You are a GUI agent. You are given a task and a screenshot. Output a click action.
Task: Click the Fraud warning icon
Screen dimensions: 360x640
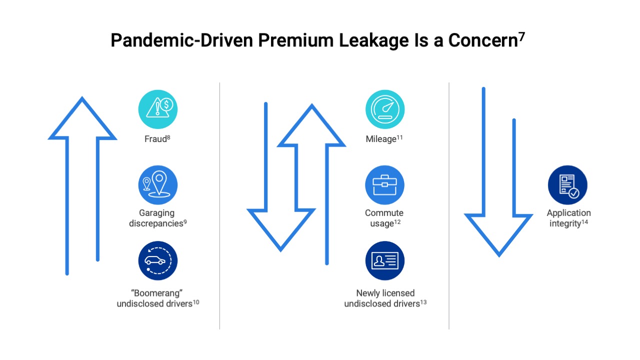[x=157, y=109]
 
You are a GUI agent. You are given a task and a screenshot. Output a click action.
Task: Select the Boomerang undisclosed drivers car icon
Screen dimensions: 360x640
[x=157, y=260]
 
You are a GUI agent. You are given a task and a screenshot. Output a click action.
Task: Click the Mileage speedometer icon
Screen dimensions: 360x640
[x=384, y=109]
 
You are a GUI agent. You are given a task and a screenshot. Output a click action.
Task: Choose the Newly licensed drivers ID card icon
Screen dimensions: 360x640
[x=384, y=260]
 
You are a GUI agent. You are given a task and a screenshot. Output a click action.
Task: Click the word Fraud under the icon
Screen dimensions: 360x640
[x=155, y=139]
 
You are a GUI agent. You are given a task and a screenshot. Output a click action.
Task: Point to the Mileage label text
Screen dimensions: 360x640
[x=381, y=139]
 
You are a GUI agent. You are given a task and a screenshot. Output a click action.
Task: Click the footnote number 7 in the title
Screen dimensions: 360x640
[x=521, y=36]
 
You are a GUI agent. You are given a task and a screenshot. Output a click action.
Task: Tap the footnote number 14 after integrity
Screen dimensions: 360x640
[x=584, y=221]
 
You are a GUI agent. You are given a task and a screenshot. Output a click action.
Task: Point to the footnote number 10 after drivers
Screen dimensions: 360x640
[x=196, y=301]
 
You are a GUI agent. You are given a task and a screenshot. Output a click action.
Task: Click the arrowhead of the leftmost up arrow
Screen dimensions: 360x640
[x=82, y=120]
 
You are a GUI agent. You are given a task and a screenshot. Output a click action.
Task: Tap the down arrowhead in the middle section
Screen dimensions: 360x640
[x=280, y=227]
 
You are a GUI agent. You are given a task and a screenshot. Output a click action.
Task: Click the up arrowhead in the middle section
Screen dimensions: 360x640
[x=311, y=127]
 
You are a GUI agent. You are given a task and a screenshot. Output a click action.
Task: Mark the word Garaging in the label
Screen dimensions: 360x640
[x=157, y=213]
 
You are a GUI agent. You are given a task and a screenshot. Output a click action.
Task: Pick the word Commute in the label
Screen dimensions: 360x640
[x=384, y=213]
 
